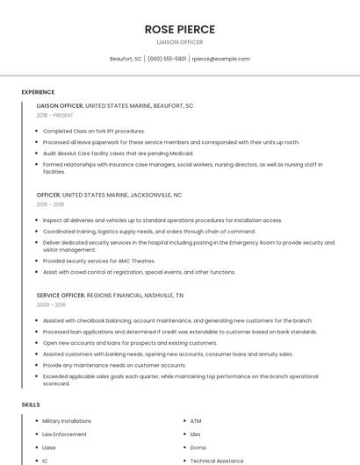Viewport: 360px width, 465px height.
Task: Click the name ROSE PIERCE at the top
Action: tap(179, 29)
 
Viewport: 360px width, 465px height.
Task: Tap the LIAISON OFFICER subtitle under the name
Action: tap(179, 42)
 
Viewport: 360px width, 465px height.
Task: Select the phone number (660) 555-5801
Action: tap(167, 59)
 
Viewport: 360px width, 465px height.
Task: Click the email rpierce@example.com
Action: tap(220, 59)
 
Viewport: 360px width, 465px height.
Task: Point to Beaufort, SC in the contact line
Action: tap(126, 59)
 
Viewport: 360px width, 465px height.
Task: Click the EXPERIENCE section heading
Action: tap(38, 92)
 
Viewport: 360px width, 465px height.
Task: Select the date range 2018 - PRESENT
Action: tap(54, 116)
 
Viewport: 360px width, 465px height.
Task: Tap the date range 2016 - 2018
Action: tap(50, 204)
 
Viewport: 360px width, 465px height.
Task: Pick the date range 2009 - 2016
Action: tap(51, 304)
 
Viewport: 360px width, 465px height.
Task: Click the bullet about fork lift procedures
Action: tap(94, 131)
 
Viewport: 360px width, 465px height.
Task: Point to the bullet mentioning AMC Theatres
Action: tap(98, 261)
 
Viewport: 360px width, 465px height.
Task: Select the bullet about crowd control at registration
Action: tap(139, 272)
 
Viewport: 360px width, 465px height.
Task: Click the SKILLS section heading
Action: tap(30, 404)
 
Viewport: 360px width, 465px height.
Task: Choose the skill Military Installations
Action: tap(67, 421)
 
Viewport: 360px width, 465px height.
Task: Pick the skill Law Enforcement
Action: tap(64, 434)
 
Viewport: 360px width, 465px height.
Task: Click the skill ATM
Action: tap(196, 421)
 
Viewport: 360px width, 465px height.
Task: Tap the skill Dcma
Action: tap(198, 447)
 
